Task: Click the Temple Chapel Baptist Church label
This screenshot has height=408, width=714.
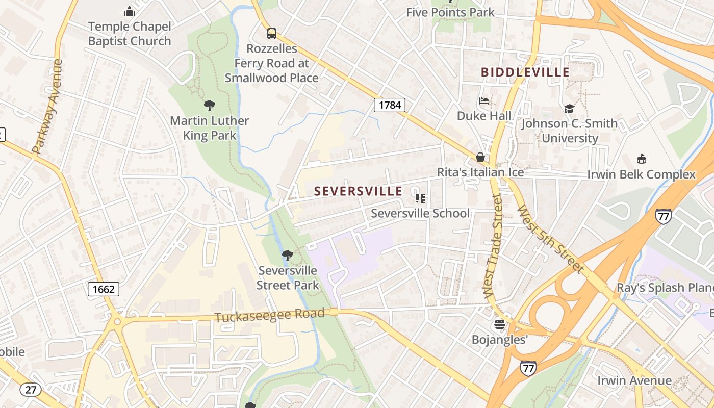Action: tap(130, 34)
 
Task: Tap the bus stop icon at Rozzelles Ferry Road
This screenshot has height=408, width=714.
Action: tap(272, 34)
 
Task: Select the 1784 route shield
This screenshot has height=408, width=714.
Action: tap(390, 106)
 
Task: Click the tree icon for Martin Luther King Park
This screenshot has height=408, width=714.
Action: tap(209, 106)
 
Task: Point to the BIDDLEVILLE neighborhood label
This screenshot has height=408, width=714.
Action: tap(525, 72)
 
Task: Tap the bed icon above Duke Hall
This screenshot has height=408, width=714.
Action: tap(484, 101)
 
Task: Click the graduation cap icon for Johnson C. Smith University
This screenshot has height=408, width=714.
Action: tap(569, 109)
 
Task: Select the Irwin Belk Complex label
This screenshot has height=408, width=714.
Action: tap(641, 174)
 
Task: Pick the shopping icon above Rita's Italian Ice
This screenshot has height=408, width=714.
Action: tap(480, 157)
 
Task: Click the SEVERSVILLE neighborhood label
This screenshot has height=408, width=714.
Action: tap(358, 191)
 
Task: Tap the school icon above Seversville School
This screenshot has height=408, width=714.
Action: tap(420, 198)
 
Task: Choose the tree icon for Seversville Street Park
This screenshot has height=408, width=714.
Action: tap(288, 255)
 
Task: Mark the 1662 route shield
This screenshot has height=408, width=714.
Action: tap(104, 290)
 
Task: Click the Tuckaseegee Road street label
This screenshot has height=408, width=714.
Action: tap(269, 315)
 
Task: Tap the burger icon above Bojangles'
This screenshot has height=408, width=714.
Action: tap(499, 324)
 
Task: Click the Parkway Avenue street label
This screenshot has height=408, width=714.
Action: tap(48, 107)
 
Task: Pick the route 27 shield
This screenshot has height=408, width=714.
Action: tap(30, 390)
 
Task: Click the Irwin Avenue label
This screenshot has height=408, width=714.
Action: tap(634, 380)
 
